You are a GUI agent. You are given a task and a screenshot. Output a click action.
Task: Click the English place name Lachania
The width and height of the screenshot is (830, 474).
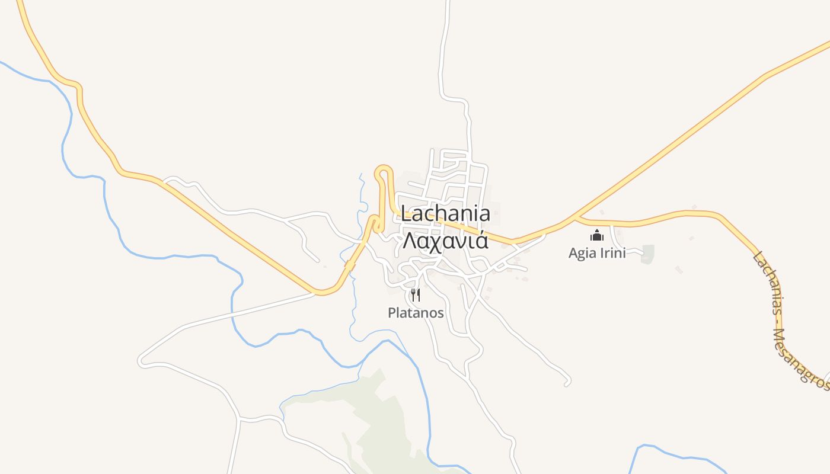tap(445, 214)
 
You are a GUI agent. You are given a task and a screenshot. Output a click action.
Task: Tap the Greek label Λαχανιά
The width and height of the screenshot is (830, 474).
tap(445, 241)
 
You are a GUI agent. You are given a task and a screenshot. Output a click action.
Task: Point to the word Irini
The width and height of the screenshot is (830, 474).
tap(613, 253)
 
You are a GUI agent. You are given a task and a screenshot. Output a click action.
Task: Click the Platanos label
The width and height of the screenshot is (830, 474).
tap(416, 313)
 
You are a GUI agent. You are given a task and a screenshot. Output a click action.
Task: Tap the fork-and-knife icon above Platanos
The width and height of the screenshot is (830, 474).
tap(416, 295)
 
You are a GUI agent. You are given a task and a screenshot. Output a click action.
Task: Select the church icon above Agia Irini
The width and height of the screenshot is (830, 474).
tap(596, 236)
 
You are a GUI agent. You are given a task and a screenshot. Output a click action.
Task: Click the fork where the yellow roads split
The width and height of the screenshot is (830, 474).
tap(575, 219)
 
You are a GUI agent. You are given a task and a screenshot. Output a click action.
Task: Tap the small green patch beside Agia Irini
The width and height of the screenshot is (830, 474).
tap(648, 254)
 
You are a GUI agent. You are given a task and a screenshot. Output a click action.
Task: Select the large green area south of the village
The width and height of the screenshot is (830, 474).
tap(379, 421)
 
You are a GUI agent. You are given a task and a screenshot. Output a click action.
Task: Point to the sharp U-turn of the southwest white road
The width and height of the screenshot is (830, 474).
tap(141, 359)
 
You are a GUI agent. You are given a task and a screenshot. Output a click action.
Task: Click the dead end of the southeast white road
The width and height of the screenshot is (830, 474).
tap(567, 384)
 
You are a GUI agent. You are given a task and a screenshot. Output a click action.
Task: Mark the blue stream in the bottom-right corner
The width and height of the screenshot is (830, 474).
tap(676, 453)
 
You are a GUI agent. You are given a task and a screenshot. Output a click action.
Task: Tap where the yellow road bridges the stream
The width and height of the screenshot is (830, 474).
tap(350, 267)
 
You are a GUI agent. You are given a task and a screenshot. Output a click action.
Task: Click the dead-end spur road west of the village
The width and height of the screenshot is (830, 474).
tap(317, 260)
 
